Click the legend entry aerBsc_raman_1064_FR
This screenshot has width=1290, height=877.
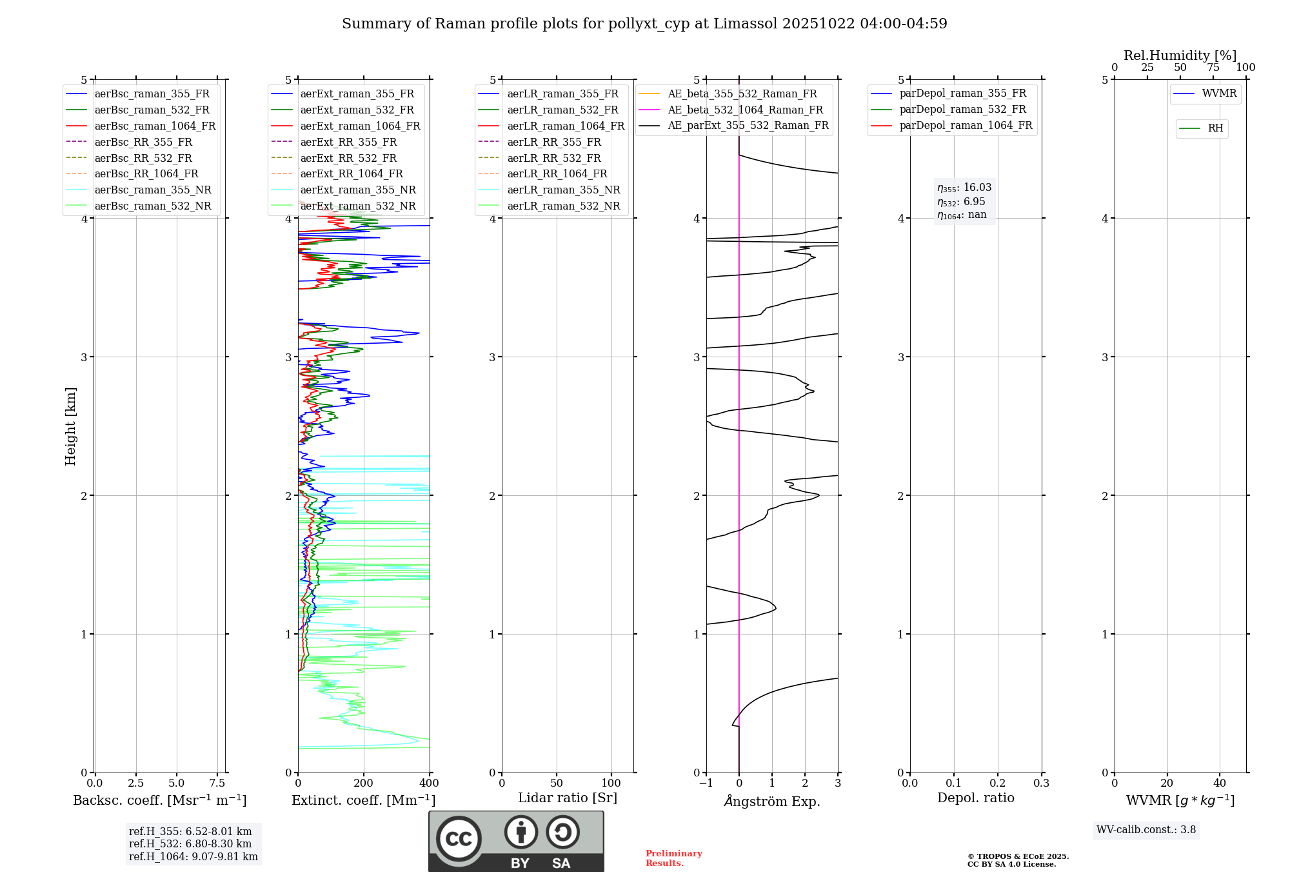tap(155, 126)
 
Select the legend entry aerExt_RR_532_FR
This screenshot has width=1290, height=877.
tap(348, 158)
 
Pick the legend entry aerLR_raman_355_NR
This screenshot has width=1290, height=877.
tap(563, 190)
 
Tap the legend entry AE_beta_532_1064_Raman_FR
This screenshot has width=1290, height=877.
tap(745, 110)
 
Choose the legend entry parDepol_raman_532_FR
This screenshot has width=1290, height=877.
tap(962, 109)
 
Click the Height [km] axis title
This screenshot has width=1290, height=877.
tap(70, 426)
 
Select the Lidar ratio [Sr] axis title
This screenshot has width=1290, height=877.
tap(568, 798)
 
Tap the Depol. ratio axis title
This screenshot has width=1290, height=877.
tap(975, 798)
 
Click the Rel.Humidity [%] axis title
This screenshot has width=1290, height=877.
tap(1180, 55)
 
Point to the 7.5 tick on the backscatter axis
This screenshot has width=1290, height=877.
tap(217, 783)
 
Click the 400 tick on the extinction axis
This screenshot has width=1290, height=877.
tap(430, 783)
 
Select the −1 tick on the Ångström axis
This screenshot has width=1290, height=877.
tap(706, 783)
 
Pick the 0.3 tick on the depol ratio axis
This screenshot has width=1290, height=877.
tap(1041, 783)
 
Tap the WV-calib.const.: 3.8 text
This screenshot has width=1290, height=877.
tap(1146, 830)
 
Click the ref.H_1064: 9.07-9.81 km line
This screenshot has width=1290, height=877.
tap(193, 857)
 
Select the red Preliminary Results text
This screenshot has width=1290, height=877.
tap(673, 858)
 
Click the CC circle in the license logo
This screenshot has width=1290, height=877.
tap(459, 839)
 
